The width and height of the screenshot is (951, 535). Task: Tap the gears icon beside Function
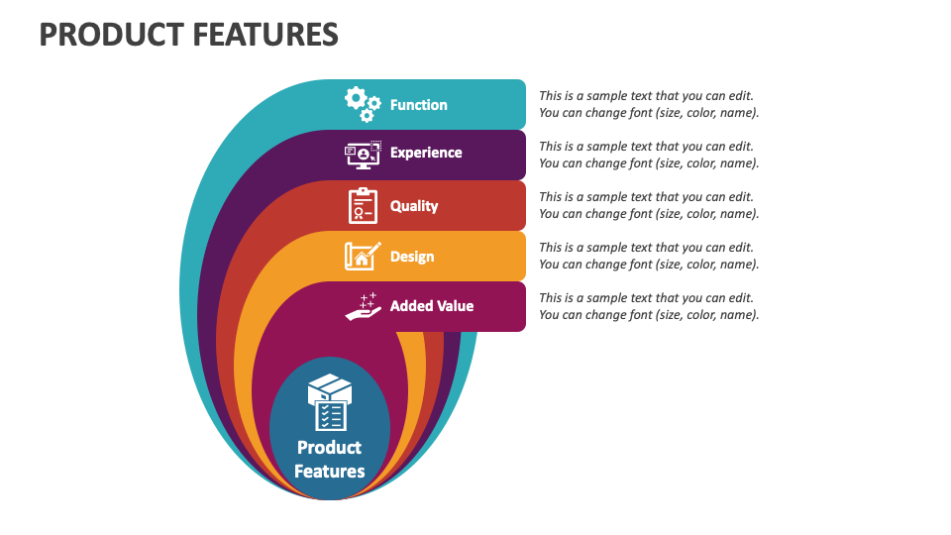[x=363, y=104]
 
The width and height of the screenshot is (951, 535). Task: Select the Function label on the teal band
[x=418, y=105]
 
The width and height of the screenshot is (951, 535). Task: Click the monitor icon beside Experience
[x=363, y=155]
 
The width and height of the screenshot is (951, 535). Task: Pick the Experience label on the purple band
[x=426, y=153]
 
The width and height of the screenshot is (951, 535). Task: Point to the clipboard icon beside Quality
[x=363, y=205]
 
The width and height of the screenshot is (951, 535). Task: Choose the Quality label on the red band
[x=414, y=206]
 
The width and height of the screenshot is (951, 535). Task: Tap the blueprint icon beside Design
[x=363, y=256]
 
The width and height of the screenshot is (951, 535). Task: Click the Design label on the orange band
[x=412, y=257]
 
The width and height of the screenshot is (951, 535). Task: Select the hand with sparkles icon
[x=363, y=306]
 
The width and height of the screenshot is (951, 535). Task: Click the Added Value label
[x=432, y=306]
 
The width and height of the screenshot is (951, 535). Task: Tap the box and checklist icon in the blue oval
[x=330, y=402]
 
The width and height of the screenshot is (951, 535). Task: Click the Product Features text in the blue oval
[x=330, y=459]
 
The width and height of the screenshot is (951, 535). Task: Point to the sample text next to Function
[x=649, y=104]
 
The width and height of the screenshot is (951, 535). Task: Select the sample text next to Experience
[x=649, y=155]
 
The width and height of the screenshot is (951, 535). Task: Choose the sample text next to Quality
[x=649, y=205]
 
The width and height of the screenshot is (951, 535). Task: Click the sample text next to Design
[x=649, y=256]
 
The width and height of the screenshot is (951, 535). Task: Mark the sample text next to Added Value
[x=649, y=306]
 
